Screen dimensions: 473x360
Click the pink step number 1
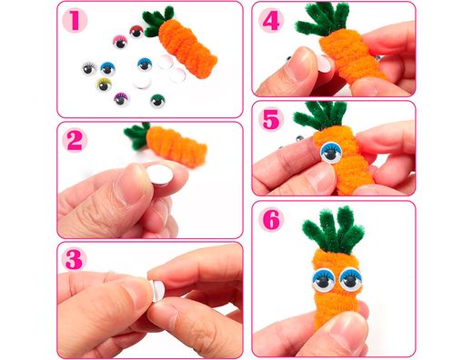(x=75, y=21)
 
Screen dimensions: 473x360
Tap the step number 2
(x=75, y=140)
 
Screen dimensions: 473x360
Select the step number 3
(x=75, y=259)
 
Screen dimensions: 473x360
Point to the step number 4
(x=271, y=21)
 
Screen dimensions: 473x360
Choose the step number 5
(x=271, y=119)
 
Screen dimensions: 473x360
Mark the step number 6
(x=271, y=220)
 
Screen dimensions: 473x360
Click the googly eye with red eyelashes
(x=136, y=32)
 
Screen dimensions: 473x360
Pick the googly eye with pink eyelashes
(x=120, y=42)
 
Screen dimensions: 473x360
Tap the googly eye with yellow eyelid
(x=104, y=85)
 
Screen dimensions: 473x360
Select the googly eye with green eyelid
(x=157, y=101)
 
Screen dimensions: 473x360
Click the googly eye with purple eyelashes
(x=121, y=99)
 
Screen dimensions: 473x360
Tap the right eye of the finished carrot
(x=351, y=279)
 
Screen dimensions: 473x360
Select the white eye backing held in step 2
(x=160, y=175)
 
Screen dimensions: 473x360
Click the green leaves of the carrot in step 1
(x=157, y=21)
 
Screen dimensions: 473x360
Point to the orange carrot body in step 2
(x=176, y=146)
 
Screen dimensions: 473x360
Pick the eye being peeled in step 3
(x=157, y=290)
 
